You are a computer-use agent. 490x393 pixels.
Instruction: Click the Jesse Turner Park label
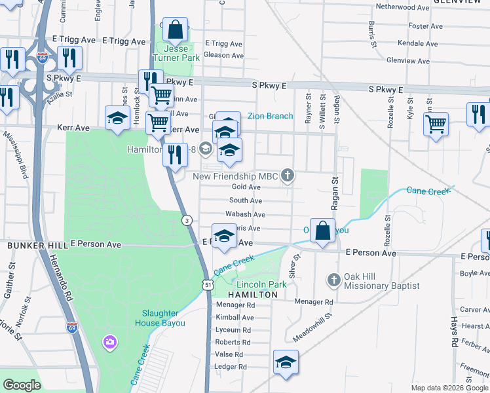175,53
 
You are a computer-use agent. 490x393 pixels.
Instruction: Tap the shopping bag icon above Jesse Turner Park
175,30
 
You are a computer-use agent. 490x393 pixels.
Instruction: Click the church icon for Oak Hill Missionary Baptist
333,280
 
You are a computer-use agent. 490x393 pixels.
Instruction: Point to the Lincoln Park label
261,284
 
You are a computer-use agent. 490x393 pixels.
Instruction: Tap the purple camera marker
109,341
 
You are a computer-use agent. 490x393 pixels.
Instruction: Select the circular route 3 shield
187,219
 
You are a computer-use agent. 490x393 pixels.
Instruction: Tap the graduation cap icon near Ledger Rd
286,363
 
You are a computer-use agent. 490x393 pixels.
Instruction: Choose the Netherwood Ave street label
402,7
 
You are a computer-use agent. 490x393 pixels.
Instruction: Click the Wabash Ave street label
245,214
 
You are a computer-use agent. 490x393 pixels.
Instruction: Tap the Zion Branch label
270,116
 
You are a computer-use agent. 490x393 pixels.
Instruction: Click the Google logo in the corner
22,385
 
